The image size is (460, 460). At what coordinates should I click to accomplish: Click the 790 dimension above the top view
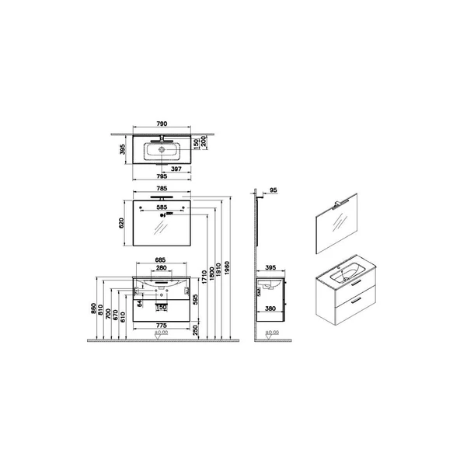[162, 123]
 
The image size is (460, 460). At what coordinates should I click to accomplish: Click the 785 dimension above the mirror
[162, 187]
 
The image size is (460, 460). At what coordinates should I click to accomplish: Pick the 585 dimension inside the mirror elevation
[162, 207]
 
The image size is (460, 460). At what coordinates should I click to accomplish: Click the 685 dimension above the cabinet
[162, 260]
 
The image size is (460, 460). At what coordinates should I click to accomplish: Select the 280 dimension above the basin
[162, 268]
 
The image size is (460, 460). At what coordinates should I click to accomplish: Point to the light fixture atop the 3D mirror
[340, 204]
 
